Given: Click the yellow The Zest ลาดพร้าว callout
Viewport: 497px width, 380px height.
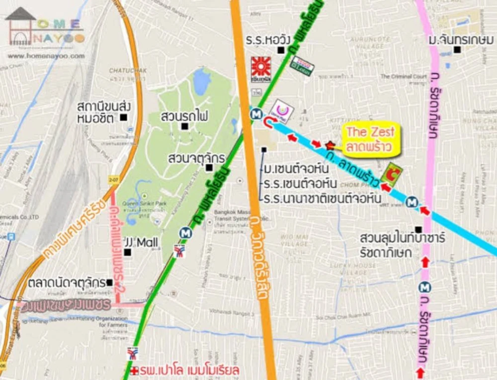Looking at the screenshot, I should point(370,140).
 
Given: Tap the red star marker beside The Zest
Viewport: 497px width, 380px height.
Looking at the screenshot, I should point(330,145).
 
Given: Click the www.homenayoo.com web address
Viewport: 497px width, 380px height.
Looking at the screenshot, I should point(46,56).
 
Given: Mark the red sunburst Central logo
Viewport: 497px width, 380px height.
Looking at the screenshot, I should point(260,67).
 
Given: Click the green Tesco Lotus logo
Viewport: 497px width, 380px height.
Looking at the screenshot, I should point(302,66).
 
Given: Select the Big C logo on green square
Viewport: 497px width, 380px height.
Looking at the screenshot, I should point(392,174).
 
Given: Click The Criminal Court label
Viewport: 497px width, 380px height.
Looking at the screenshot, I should point(404,76).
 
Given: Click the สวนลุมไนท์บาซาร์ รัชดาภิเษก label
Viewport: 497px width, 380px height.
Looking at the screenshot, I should point(403,245).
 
